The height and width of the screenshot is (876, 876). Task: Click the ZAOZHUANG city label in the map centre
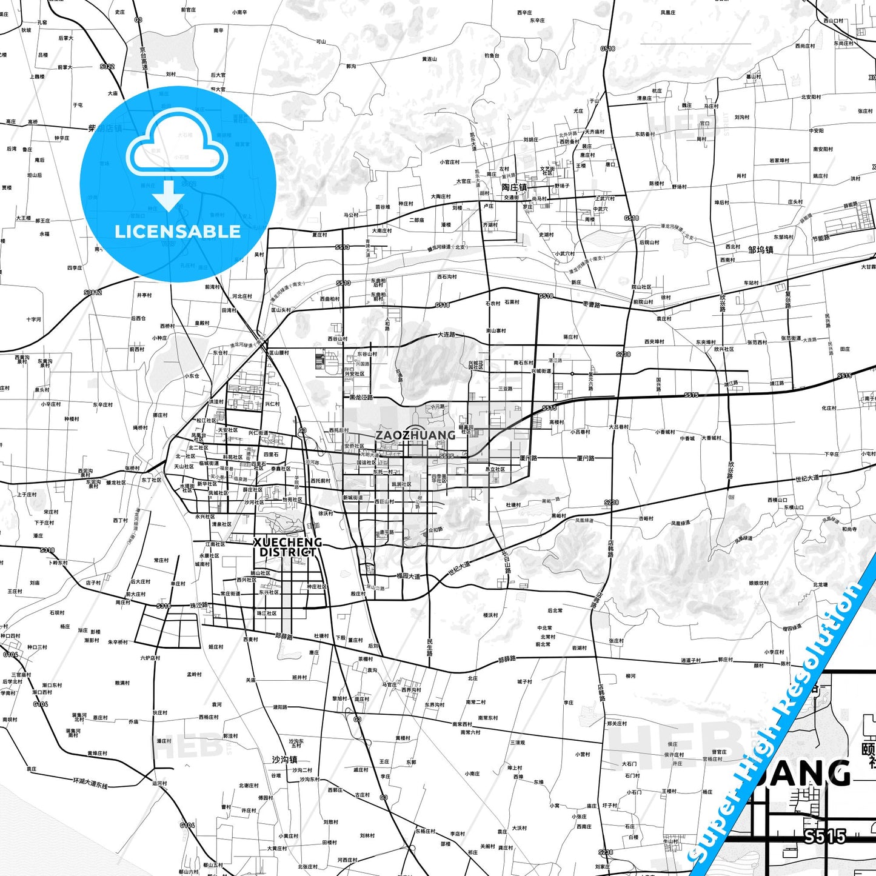tap(415, 435)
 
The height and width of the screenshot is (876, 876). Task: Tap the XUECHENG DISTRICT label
tap(287, 547)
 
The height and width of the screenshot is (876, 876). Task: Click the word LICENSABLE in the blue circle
tap(178, 231)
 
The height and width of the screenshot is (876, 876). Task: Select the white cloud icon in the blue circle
tap(177, 143)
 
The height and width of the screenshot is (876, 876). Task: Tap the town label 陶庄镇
tap(514, 187)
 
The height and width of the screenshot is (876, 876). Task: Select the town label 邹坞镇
tap(760, 249)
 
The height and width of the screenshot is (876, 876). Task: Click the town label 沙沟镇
tap(284, 759)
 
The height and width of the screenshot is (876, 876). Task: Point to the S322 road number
tap(107, 66)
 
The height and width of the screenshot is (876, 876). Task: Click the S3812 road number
tap(93, 293)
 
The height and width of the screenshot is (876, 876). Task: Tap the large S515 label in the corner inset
tap(825, 837)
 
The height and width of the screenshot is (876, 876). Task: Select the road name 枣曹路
tap(591, 304)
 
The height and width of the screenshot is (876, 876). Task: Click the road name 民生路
tap(430, 647)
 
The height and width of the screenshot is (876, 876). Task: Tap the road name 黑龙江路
tap(361, 398)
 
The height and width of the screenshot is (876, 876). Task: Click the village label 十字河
tap(34, 319)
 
